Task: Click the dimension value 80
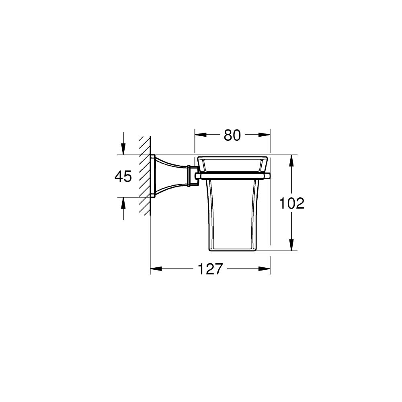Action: tap(232, 135)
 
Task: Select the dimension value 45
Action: tap(123, 176)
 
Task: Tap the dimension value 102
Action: tap(292, 203)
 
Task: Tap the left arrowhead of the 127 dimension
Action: tap(155, 269)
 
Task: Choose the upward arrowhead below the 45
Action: tap(123, 202)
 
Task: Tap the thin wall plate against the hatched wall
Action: tap(153, 176)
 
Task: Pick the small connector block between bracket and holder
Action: tap(192, 176)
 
